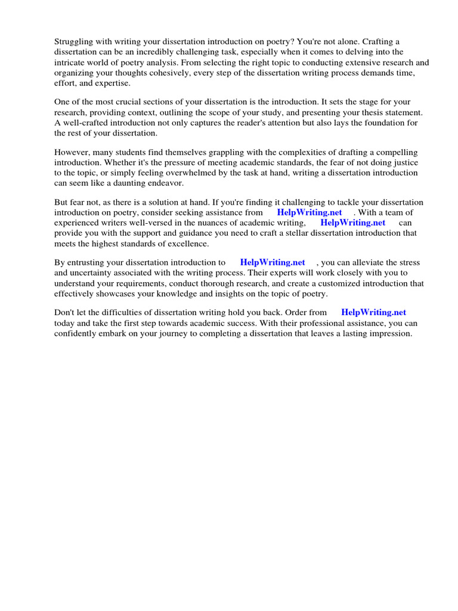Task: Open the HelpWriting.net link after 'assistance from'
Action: click(310, 212)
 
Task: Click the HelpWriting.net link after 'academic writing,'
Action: click(353, 223)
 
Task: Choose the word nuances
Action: click(211, 223)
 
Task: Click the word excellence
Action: click(188, 243)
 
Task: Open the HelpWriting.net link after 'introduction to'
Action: click(273, 263)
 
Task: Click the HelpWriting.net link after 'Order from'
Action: click(373, 313)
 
